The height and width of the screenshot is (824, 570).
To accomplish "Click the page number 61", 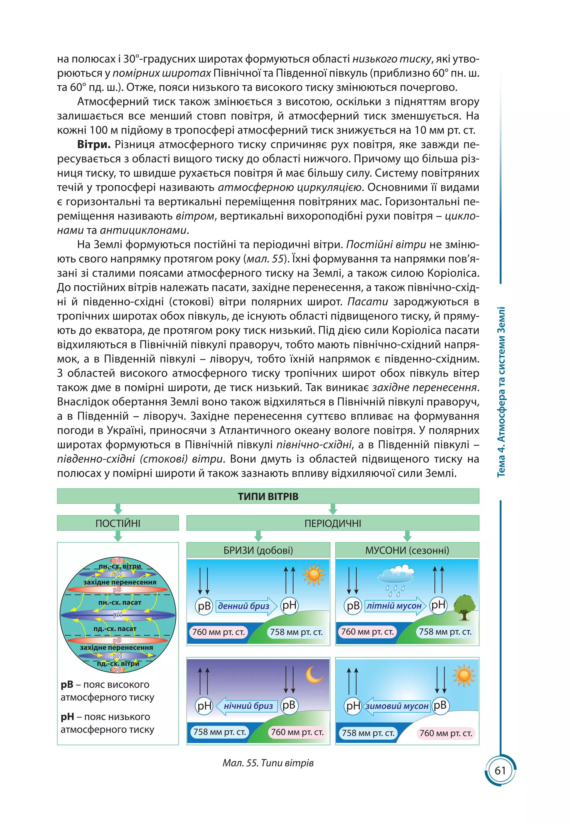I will (x=500, y=771).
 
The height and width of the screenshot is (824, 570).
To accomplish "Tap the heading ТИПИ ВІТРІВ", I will (x=268, y=496).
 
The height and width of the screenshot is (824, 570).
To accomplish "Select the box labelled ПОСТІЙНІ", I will (x=118, y=523).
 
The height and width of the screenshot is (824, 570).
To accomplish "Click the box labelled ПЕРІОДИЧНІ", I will (x=333, y=523).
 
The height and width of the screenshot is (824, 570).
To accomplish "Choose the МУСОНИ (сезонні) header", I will (x=407, y=550).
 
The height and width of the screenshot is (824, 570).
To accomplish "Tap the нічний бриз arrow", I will (x=246, y=706).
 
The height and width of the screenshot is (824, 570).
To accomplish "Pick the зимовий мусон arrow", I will (x=396, y=706).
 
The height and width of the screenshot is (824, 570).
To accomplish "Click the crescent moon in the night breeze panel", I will (x=314, y=674).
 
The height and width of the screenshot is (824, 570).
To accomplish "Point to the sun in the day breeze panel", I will (x=313, y=575).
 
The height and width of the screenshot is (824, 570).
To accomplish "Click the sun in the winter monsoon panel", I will (x=463, y=675).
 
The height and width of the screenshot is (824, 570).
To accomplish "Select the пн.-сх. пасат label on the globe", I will (x=120, y=602).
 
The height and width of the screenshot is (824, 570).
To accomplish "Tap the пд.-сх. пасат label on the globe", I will (x=115, y=629).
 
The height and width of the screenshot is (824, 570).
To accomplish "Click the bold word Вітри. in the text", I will (x=94, y=145).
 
